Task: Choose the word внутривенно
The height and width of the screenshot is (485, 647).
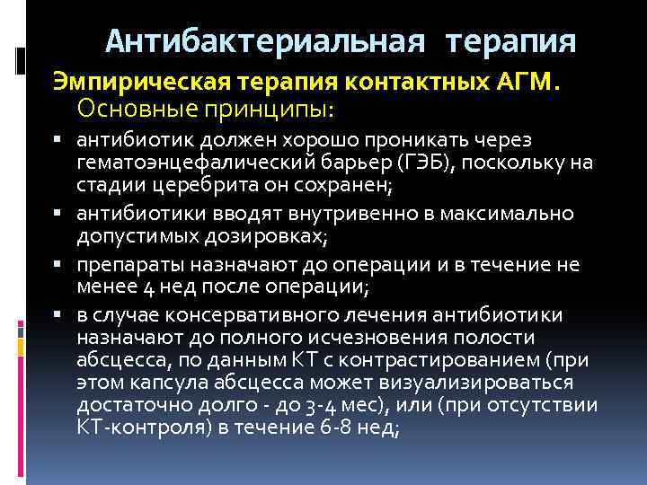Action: pyautogui.click(x=301, y=214)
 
